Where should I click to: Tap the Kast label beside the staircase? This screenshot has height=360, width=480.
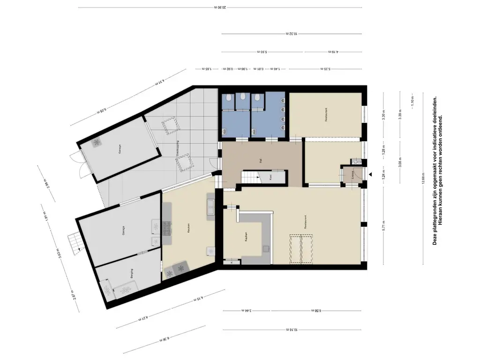pos(271,177)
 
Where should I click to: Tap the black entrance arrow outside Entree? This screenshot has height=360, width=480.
pos(370,175)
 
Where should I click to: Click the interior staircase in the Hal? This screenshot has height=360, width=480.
pos(251,177)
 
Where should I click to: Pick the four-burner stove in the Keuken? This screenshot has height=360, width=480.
pos(167,228)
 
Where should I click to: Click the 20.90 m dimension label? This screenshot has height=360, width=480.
pos(220,7)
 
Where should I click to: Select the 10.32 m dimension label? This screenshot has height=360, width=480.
pos(292,34)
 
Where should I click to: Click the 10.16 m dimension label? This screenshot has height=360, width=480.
pos(292,330)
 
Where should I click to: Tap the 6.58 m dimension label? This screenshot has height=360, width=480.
pos(317,310)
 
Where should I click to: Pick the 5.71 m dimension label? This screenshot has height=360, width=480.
pos(383,226)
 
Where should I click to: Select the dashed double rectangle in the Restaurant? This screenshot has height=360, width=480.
pos(300,249)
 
